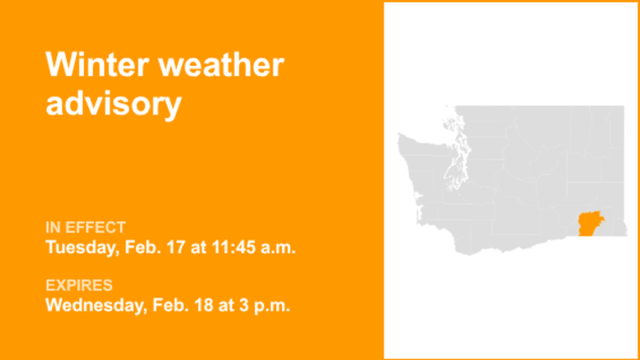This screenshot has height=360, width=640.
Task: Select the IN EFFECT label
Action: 85,227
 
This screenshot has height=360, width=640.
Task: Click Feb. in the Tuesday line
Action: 141,247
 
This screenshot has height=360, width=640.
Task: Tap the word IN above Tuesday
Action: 53,227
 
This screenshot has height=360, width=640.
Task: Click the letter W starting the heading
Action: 58,65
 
